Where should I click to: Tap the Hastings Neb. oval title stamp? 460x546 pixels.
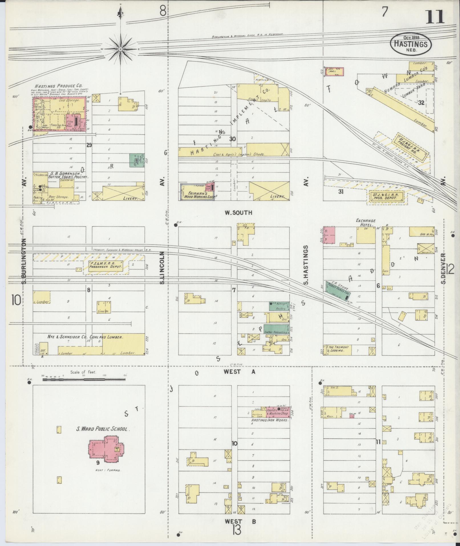coord(411,45)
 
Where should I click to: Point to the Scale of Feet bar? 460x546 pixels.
coord(84,380)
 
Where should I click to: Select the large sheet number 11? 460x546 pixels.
coord(435,17)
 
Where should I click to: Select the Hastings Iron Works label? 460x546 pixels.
coord(270,420)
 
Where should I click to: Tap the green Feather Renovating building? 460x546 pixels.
coord(276,329)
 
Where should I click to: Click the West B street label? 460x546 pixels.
coord(240,521)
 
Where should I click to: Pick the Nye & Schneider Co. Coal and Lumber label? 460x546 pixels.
coord(85,337)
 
